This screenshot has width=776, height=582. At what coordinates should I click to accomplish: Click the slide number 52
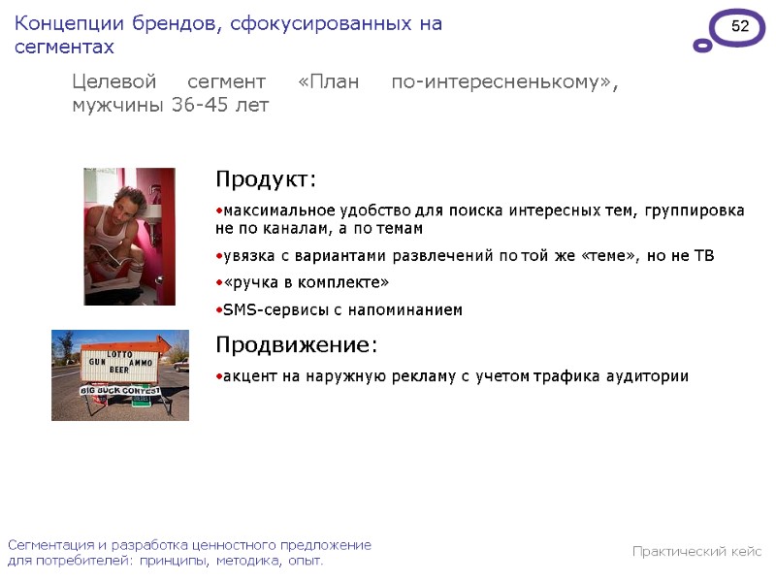(740, 27)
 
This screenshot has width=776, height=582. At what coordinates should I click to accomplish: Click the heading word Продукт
(264, 180)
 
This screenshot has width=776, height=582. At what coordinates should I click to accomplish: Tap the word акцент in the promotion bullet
(247, 376)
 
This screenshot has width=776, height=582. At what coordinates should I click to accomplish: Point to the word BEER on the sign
(118, 369)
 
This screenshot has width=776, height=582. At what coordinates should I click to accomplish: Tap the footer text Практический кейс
(696, 552)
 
